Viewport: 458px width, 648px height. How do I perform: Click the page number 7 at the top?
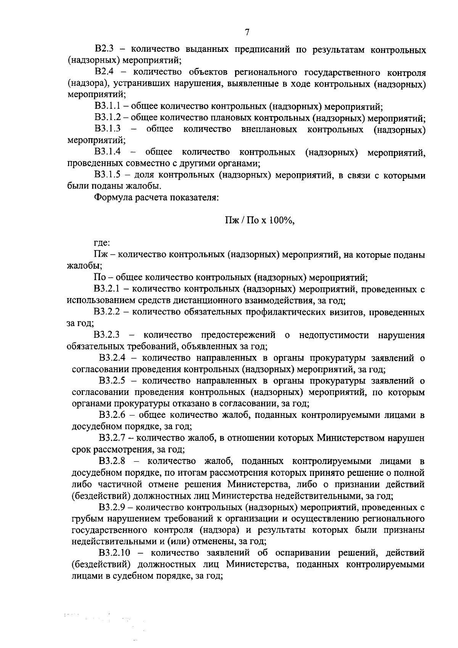pos(247,32)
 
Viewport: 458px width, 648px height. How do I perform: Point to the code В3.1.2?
pos(108,118)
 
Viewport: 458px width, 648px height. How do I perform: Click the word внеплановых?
pos(269,130)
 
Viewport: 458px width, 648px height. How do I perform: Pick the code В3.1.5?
pos(108,176)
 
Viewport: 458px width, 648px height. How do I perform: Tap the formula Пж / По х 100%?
pos(260,221)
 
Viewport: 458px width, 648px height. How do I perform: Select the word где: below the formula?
pos(102,243)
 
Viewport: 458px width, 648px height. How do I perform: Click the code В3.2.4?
pos(112,358)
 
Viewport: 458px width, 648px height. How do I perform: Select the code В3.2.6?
pos(112,415)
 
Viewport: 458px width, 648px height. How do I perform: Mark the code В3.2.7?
pos(112,438)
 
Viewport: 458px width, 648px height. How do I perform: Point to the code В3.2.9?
pos(112,508)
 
